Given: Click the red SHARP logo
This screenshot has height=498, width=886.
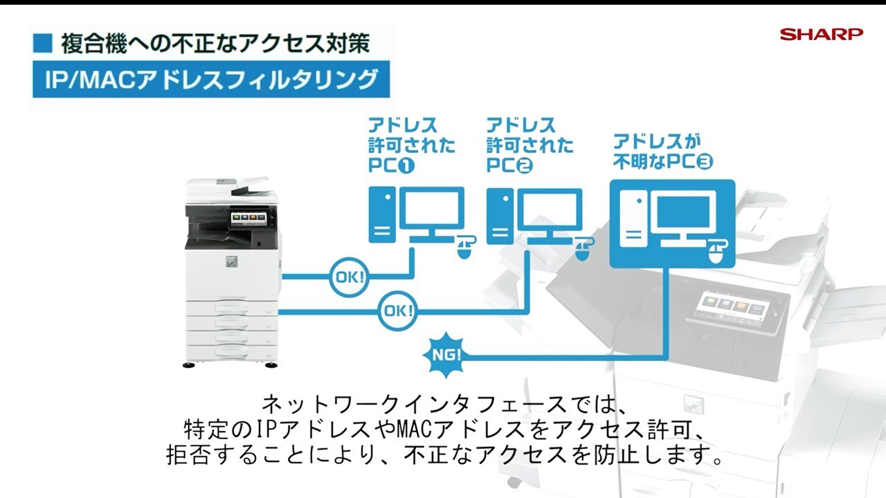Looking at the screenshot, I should pos(821,34).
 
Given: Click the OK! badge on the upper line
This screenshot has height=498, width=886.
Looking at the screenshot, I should pos(349,277).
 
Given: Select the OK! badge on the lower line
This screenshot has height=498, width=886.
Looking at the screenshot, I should pos(398,311).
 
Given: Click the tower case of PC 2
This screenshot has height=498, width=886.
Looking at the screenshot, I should pos(500,216).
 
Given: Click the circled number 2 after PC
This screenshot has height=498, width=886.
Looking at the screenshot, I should pos(525,166).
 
